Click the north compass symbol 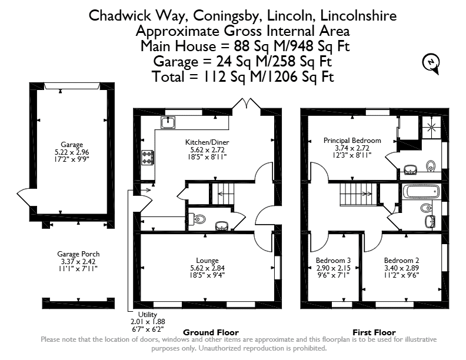431,64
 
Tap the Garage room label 72,145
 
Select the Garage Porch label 78,254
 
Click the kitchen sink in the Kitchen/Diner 168,122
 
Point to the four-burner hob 148,158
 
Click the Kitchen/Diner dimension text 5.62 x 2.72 207,150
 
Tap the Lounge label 207,261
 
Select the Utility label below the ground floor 148,315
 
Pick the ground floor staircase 223,194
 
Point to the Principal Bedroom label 352,141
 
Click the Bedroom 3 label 333,261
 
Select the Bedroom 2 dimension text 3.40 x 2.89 401,268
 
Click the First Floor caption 374,332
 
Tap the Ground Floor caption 211,332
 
